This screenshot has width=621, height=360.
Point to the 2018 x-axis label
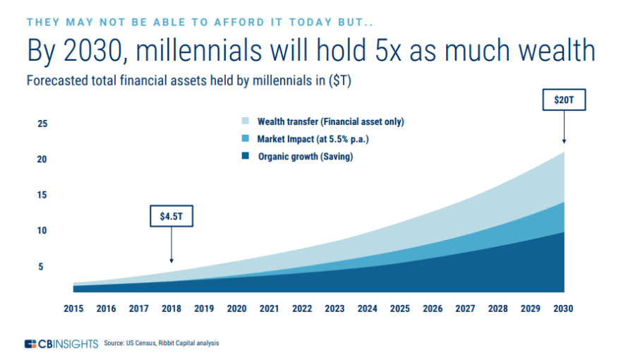[x=171, y=308]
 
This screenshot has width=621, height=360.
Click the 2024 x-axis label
[x=368, y=308]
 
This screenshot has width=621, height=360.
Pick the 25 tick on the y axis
[x=42, y=124]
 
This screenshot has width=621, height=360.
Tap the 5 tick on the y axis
[x=42, y=267]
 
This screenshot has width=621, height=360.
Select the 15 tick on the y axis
[x=42, y=195]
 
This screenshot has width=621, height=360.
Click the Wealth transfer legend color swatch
[x=245, y=121]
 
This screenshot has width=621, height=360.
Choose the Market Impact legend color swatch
[x=245, y=139]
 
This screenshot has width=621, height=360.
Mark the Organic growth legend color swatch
[x=245, y=157]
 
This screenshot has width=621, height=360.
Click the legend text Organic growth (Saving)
[x=305, y=157]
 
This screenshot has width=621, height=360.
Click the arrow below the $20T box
[x=564, y=127]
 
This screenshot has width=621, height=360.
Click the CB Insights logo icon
[x=30, y=344]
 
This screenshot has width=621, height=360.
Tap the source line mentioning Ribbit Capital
[x=162, y=344]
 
